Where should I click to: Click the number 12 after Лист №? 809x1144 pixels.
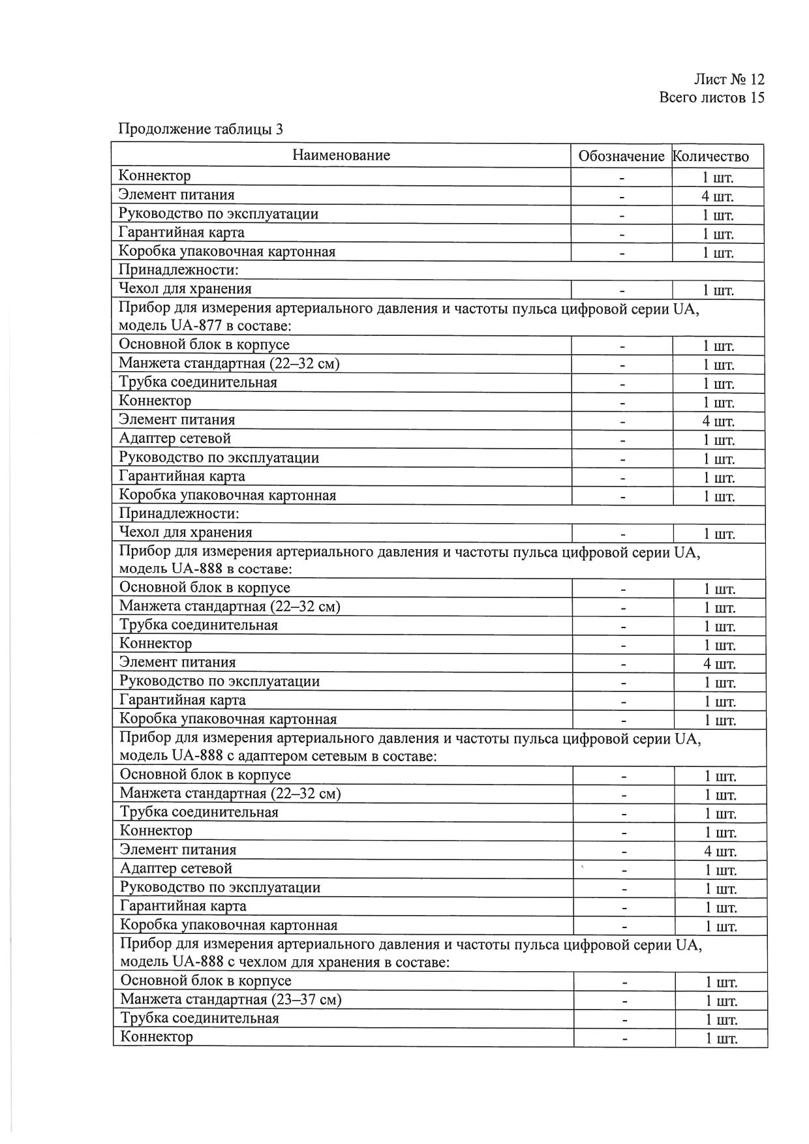coord(757,80)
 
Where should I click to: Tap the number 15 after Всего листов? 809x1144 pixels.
coord(757,98)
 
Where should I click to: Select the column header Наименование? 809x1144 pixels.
coord(341,155)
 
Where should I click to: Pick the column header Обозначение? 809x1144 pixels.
coord(621,157)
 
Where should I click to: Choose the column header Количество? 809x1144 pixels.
coord(710,157)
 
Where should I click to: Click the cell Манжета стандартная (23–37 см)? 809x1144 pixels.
coord(231,999)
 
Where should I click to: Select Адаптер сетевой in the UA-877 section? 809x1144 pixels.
coord(175,438)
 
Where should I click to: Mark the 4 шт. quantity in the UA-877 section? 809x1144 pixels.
coord(718,421)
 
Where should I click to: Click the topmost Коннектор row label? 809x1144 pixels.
coord(155,175)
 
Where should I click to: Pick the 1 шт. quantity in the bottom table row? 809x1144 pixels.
coord(722,1038)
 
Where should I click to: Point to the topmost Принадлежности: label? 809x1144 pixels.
coord(178,269)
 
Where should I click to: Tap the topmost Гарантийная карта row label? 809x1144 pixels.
coord(181,232)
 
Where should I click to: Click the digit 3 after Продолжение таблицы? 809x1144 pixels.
coord(279,129)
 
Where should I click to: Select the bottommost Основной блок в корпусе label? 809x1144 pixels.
coord(206,980)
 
